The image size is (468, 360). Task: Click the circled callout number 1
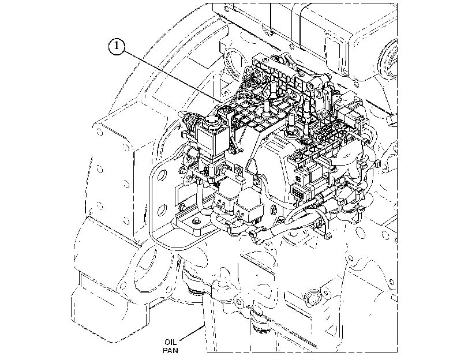tap(117, 46)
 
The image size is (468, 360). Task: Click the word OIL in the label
tap(170, 342)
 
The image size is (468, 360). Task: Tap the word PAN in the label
tap(170, 350)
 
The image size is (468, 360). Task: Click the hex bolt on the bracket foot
tap(196, 221)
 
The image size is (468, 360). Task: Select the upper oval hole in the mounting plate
tap(162, 175)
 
